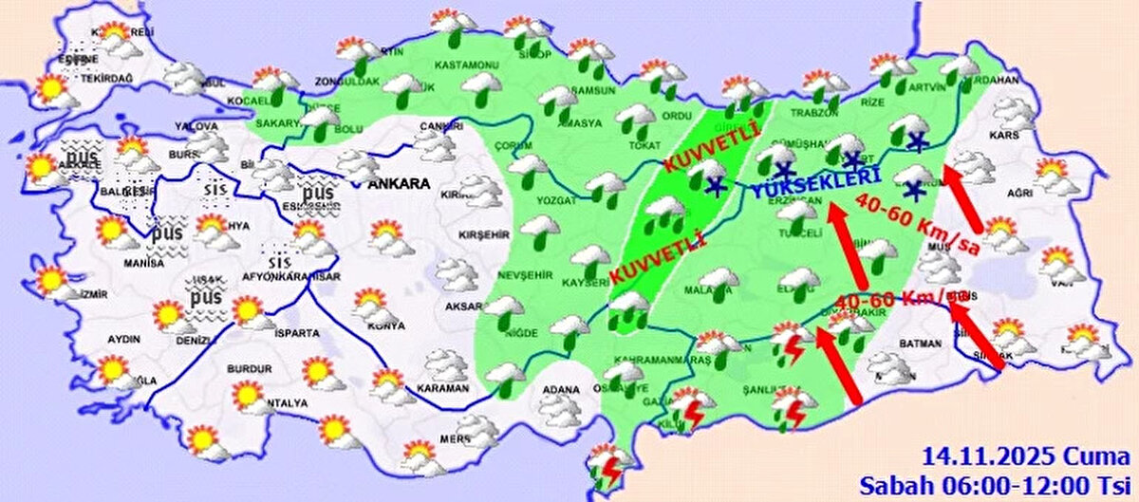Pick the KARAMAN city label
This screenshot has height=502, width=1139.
coord(442,388)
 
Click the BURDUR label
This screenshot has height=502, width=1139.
coord(248,368)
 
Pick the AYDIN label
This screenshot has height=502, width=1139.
coord(123,339)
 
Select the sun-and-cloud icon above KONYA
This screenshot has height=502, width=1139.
coord(370,303)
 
